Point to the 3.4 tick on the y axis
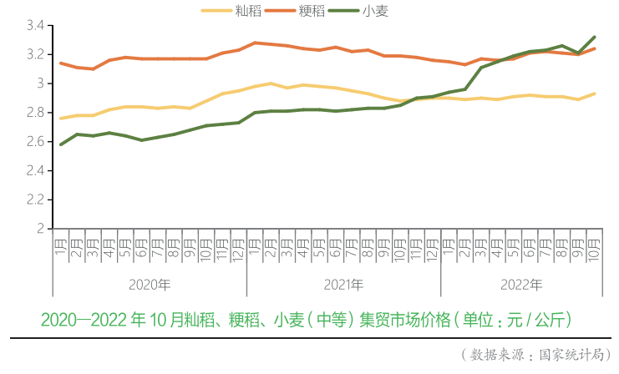point(34,26)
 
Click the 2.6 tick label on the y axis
point(34,142)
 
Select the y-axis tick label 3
point(40,83)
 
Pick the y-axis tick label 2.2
point(34,200)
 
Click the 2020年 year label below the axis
point(150,285)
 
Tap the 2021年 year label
point(343,285)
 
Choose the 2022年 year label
point(522,285)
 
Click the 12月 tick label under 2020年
point(238,250)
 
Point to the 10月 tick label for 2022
point(594,250)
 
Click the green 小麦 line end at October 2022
point(595,37)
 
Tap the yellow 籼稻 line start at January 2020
point(61,119)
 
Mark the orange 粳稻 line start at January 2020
point(61,63)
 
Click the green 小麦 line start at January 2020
point(61,144)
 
